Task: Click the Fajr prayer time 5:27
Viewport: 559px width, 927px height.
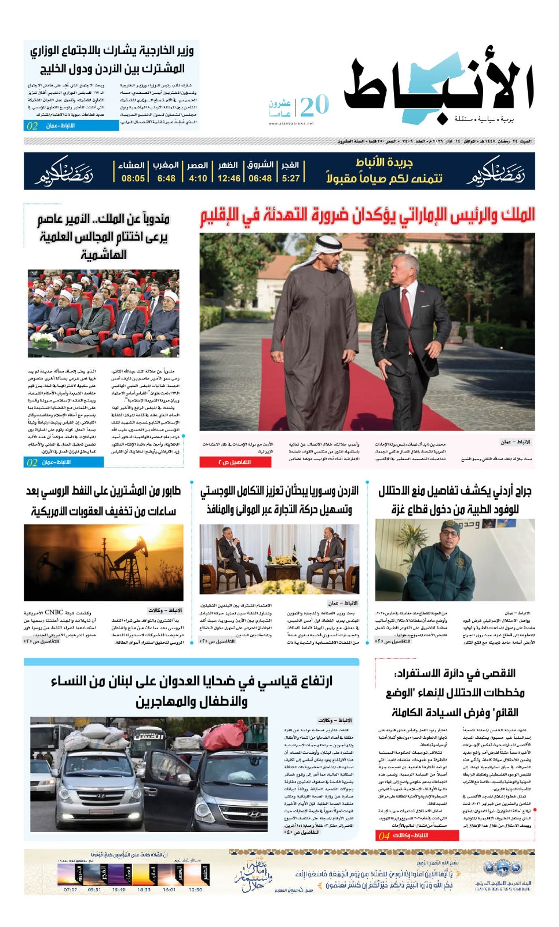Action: pos(291,178)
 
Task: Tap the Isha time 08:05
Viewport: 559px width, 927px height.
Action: pos(133,178)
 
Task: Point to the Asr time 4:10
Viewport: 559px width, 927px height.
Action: pos(198,178)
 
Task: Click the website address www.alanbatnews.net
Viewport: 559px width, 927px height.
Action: pos(291,123)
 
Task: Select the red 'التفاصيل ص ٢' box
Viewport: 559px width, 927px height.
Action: pos(235,462)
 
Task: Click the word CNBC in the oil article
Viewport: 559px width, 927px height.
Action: pos(54,612)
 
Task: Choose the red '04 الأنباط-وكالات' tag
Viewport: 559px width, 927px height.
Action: pos(416,835)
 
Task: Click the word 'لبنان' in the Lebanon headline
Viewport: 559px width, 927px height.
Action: pos(141,681)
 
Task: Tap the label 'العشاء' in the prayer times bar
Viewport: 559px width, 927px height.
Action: pos(131,166)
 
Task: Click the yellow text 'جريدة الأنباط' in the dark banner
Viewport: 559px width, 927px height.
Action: pos(384,163)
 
